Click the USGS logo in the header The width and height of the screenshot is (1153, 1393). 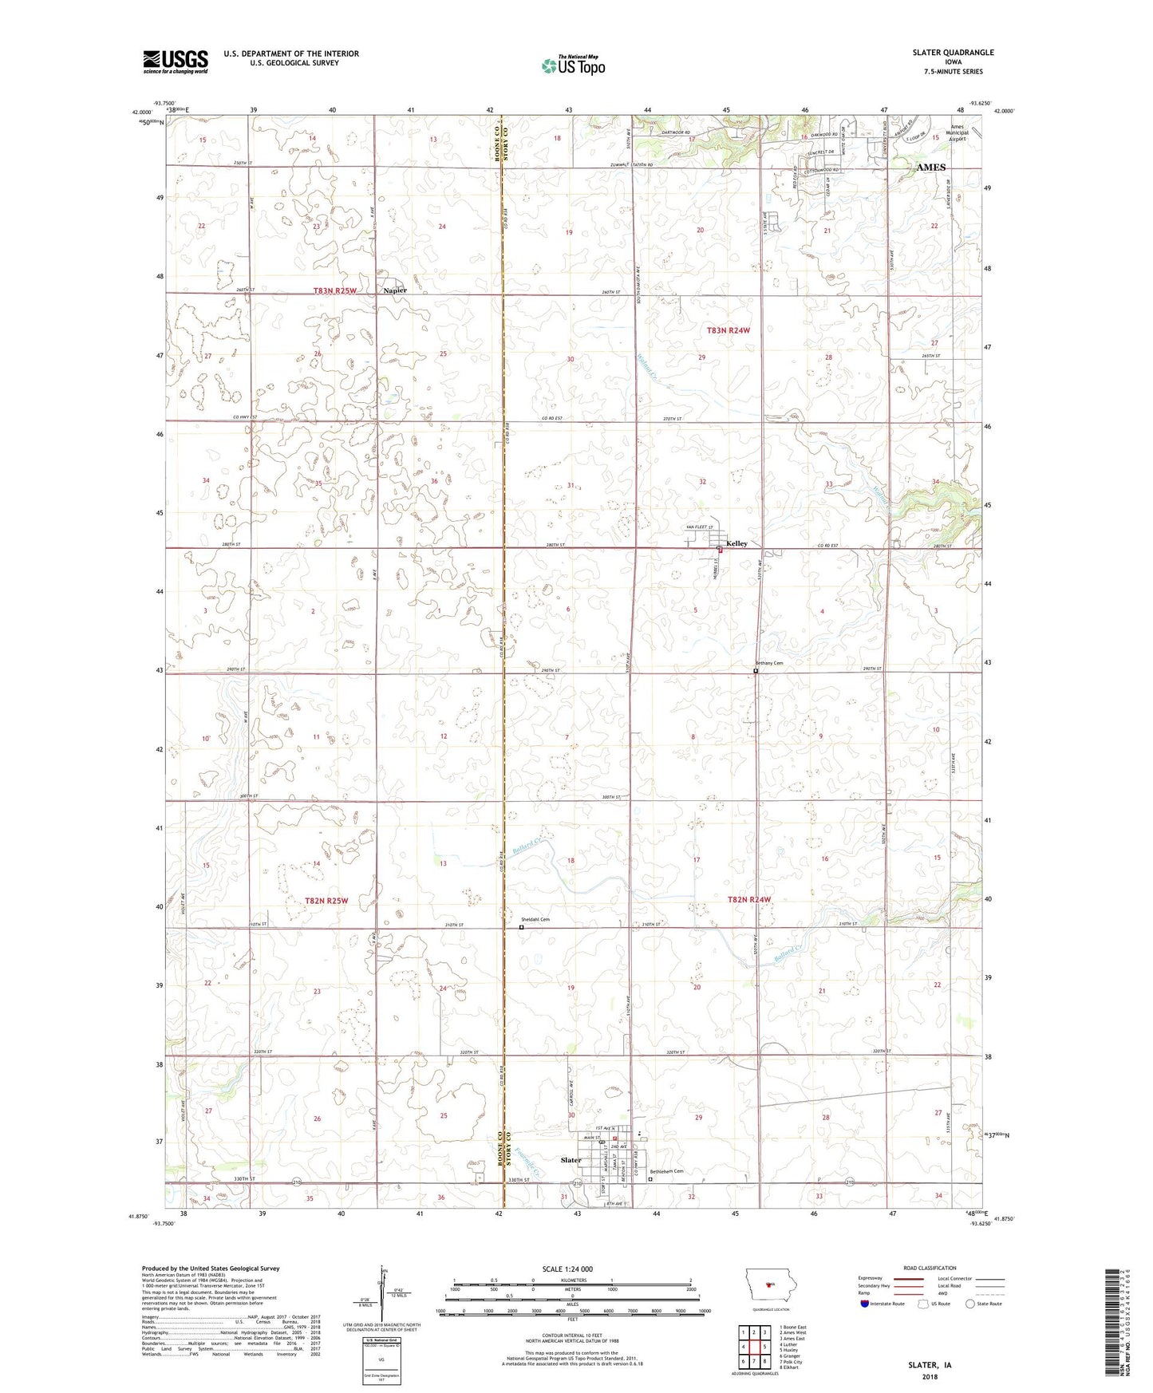pos(176,61)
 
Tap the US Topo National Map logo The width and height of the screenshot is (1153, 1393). pos(573,65)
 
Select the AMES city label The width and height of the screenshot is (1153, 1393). pos(930,168)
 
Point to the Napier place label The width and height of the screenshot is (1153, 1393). pos(395,290)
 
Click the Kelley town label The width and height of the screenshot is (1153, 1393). pos(736,543)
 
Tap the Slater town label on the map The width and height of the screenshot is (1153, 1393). pos(571,1160)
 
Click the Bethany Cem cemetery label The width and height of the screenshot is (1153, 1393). pos(769,663)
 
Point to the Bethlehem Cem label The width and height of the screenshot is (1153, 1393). pos(666,1171)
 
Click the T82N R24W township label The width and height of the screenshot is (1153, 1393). pos(749,900)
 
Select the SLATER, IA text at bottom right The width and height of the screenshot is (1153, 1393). pos(930,1365)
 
